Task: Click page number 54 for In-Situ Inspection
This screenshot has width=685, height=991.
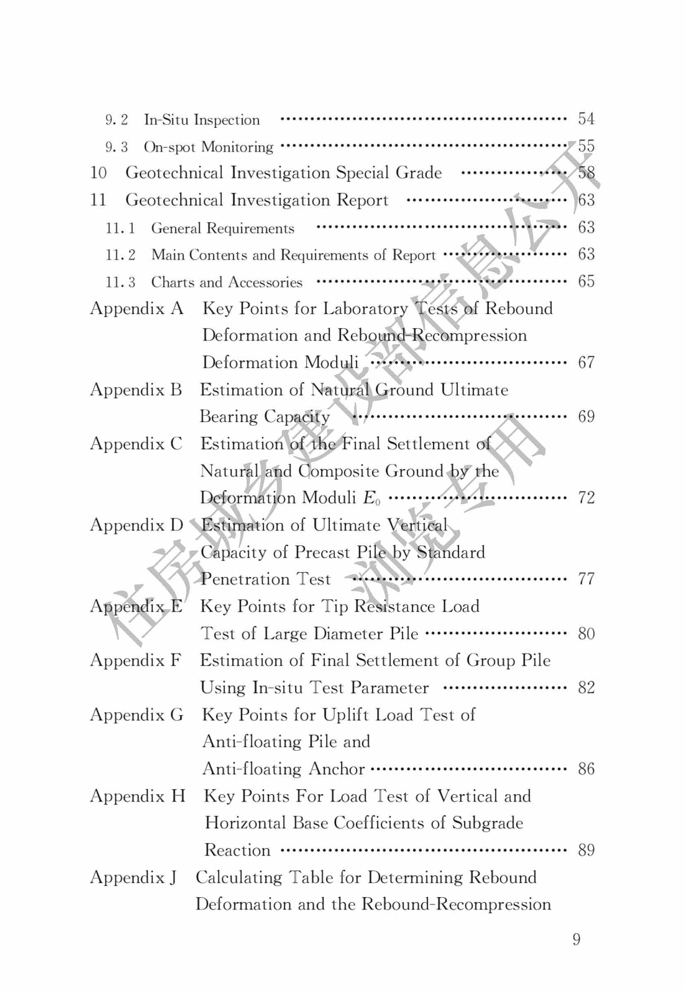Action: coord(586,119)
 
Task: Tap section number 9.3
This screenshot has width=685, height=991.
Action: coord(116,147)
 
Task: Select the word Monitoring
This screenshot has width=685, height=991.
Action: coord(237,147)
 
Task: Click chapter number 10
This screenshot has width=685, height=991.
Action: coord(98,173)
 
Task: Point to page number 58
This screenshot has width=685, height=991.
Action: coord(586,173)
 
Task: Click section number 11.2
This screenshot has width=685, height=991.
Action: coord(120,255)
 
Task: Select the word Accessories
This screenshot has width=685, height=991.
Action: coord(265,282)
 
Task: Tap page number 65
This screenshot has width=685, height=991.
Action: coord(586,282)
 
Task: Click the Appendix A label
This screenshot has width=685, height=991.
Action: coord(137,309)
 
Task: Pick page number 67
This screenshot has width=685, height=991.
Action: coord(586,363)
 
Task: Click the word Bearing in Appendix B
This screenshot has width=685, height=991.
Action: coord(228,417)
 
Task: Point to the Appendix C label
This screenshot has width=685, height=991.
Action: coord(136,444)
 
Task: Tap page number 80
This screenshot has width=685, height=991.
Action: coord(586,634)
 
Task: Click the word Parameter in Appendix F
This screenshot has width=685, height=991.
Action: coord(389,688)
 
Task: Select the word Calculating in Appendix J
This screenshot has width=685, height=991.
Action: coord(239,877)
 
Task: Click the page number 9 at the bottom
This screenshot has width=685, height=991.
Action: coord(577,940)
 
